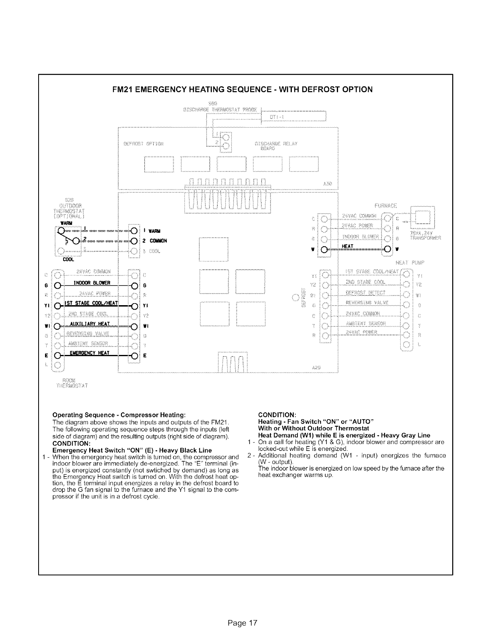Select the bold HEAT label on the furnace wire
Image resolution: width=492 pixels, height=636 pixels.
click(347, 246)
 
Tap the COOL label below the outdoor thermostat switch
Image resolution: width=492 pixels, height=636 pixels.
click(62, 259)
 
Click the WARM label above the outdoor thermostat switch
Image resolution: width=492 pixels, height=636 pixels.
click(66, 223)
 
